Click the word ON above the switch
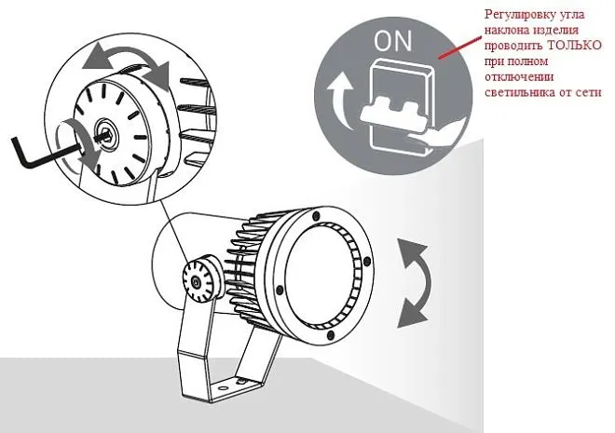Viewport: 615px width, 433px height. click(x=392, y=41)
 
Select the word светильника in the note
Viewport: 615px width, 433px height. click(x=520, y=92)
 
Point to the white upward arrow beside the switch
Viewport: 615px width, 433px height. click(x=338, y=101)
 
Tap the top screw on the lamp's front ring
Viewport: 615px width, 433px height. click(x=316, y=215)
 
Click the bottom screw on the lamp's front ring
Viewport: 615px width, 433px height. click(x=331, y=334)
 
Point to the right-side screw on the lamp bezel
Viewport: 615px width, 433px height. click(x=367, y=261)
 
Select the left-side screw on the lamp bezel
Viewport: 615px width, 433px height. click(x=280, y=290)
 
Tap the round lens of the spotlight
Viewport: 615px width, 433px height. click(x=319, y=275)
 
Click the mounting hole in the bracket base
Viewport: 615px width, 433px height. click(x=224, y=388)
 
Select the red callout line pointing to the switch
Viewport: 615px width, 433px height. click(x=460, y=47)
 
